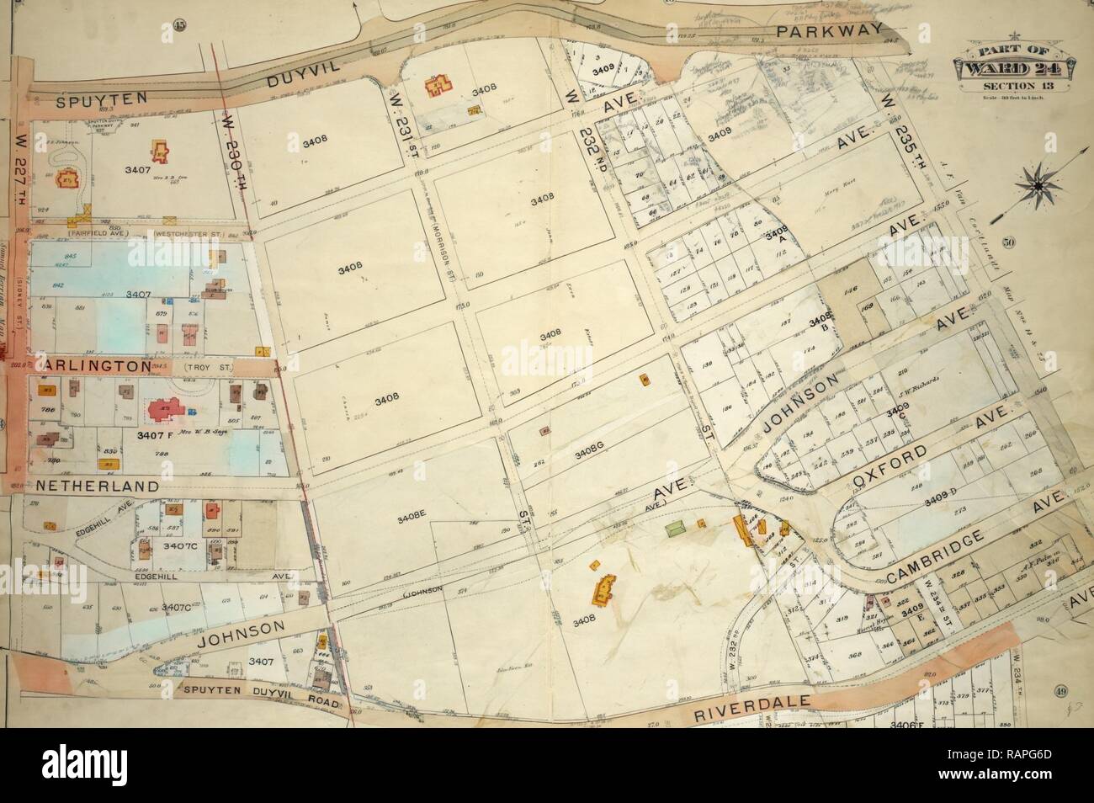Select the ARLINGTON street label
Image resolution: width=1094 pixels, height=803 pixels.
click(81, 367)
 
